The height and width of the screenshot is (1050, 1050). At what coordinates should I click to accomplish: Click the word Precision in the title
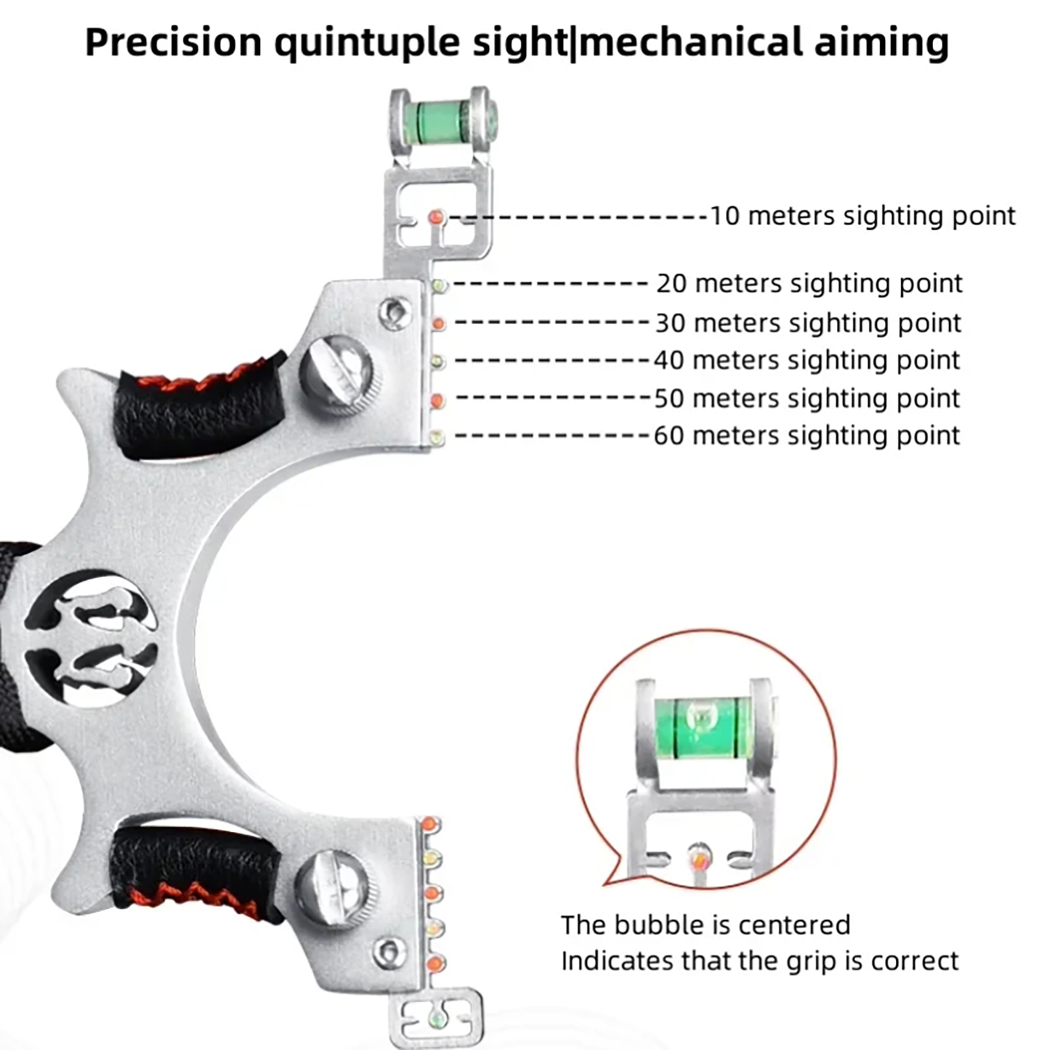(173, 43)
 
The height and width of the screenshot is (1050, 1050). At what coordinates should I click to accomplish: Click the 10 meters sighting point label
(862, 216)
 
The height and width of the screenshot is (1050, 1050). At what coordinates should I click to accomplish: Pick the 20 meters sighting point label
(809, 283)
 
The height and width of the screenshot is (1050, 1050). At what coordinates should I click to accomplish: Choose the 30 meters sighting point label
(808, 323)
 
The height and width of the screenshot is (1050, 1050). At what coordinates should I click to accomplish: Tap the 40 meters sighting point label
(807, 360)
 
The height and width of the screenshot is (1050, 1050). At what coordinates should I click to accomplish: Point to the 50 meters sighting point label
(807, 398)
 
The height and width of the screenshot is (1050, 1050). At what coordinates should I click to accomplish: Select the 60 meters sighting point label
(807, 436)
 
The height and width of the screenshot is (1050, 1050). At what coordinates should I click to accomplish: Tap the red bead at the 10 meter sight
(435, 217)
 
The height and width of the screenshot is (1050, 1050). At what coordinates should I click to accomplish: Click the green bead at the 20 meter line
(439, 285)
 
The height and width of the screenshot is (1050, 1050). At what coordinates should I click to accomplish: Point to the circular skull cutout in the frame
(91, 638)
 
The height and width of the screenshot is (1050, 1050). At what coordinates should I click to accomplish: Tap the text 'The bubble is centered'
(705, 925)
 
